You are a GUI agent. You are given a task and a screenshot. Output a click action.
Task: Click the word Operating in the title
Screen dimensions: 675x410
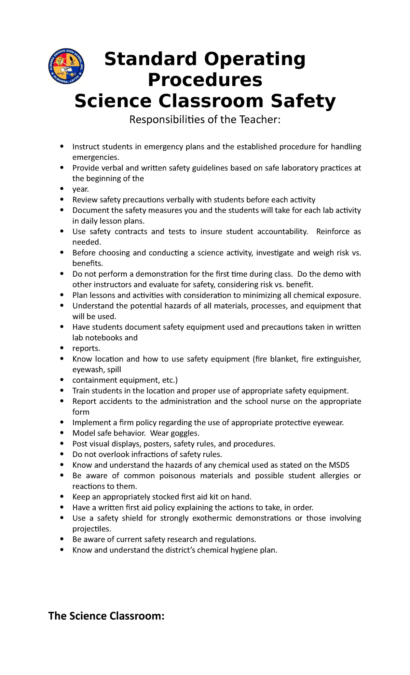pos(253,59)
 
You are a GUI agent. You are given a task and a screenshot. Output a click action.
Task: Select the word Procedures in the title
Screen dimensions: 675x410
pos(205,80)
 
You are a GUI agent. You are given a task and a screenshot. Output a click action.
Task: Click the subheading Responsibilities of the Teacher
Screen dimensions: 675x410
pos(205,120)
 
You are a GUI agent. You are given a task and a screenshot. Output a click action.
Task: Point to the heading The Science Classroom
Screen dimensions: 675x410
pos(106,616)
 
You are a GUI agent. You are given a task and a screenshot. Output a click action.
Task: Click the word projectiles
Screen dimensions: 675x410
pos(92,529)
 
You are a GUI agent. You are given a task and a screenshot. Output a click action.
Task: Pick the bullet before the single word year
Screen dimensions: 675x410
pos(61,189)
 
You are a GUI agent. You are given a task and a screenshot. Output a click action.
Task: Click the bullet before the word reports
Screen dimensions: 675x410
pos(61,348)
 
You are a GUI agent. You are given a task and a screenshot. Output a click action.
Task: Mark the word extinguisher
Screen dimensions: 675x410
pos(338,359)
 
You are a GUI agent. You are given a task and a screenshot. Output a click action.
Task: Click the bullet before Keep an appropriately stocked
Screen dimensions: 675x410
pos(61,497)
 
